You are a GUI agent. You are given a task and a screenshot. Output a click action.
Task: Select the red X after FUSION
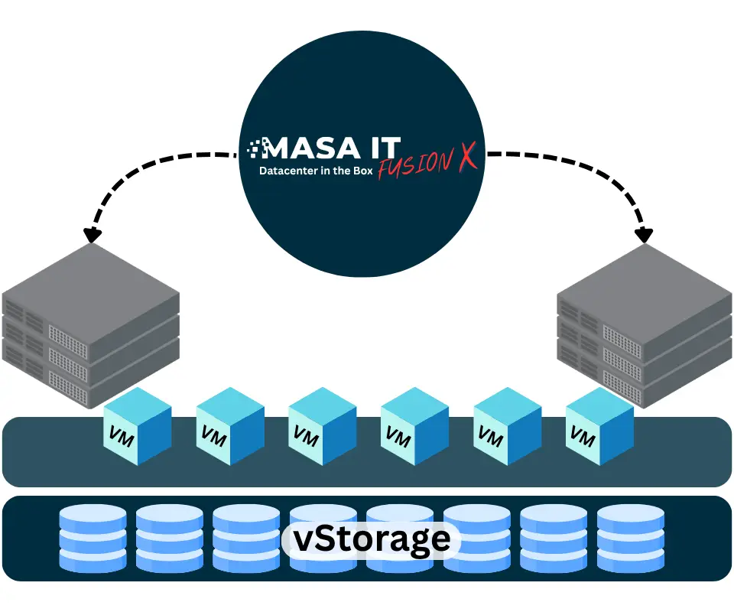[x=466, y=156]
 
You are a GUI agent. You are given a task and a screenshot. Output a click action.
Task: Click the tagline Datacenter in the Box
[x=316, y=171]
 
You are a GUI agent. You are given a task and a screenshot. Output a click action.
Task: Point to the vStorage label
[x=372, y=539]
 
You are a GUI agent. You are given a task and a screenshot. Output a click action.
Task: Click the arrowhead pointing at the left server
[x=93, y=233]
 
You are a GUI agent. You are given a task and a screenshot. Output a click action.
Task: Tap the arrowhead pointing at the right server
[x=645, y=233]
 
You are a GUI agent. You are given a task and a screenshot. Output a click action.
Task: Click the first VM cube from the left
[x=138, y=425]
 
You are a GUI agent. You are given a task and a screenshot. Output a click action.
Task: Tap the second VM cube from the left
[x=230, y=425]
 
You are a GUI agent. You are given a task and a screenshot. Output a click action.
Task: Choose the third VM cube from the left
[x=322, y=425]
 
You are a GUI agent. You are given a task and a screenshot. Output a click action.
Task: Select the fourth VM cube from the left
[x=414, y=425]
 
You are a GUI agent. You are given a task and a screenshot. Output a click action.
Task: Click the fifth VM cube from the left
[x=507, y=425]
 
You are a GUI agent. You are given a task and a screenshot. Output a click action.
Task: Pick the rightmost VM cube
[x=599, y=425]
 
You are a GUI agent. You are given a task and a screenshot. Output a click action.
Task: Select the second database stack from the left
[x=170, y=539]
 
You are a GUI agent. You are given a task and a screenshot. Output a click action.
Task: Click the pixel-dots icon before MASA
[x=255, y=147]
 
